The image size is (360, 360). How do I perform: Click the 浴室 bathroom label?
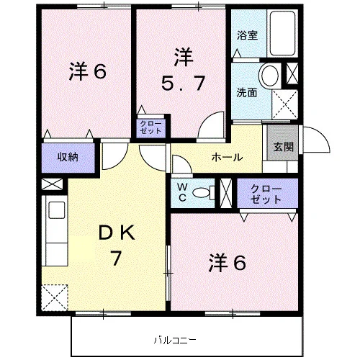[247, 35]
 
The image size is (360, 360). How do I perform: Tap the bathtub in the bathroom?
[282, 33]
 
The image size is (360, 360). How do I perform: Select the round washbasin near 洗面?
[270, 75]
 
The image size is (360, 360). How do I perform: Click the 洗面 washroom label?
[247, 93]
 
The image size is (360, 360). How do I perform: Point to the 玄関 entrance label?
[284, 147]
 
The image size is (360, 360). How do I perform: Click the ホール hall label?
[227, 158]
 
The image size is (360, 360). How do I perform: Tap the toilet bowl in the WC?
[204, 192]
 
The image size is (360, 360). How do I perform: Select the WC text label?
[183, 192]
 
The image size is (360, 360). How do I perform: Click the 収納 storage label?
[68, 157]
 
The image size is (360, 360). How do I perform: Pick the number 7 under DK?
[115, 258]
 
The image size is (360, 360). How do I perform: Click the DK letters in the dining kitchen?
[117, 233]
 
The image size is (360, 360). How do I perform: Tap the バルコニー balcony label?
[175, 340]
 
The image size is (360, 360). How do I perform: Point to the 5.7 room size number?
[184, 83]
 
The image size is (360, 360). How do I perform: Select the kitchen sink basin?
[57, 210]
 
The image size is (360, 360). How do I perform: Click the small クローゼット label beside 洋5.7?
[150, 127]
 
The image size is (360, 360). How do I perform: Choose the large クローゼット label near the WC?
[266, 194]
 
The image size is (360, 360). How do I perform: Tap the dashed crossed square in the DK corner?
[55, 297]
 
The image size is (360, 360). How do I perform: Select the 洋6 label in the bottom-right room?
[228, 263]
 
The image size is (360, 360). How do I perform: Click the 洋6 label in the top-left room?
[88, 71]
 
